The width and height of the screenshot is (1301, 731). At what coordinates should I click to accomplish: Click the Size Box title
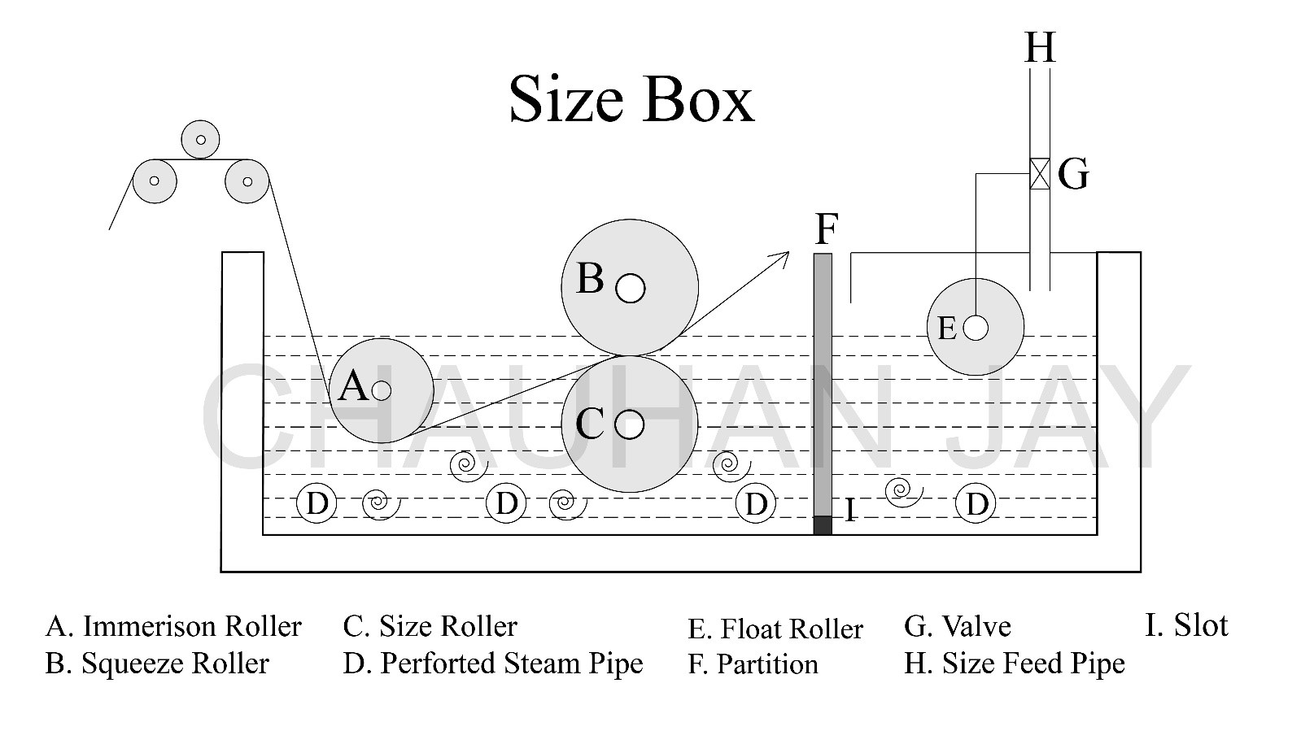click(x=631, y=99)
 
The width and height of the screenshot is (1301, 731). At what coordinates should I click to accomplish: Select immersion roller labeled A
click(x=382, y=391)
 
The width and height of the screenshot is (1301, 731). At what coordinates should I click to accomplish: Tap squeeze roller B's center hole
click(x=631, y=288)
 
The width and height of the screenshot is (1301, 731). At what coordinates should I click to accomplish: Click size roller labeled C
click(x=629, y=424)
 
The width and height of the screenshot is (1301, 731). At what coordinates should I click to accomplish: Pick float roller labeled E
click(x=976, y=328)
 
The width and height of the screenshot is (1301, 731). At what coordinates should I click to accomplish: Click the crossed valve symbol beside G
click(x=1040, y=173)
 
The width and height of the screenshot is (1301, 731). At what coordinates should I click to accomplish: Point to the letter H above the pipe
click(x=1040, y=47)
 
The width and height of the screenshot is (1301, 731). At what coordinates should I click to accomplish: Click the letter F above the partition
click(x=826, y=229)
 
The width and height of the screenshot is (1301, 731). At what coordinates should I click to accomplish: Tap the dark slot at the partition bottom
click(x=823, y=525)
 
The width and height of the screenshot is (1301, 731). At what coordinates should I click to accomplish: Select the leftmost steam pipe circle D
click(x=317, y=503)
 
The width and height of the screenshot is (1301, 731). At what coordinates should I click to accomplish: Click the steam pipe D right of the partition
click(x=976, y=503)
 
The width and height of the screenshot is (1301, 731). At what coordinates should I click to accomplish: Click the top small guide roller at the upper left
click(x=200, y=140)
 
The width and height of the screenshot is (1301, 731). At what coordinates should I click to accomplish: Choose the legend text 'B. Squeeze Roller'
click(x=157, y=664)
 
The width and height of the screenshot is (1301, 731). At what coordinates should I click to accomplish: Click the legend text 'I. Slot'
click(x=1185, y=624)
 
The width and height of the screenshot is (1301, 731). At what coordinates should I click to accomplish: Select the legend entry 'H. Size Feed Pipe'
click(x=1014, y=664)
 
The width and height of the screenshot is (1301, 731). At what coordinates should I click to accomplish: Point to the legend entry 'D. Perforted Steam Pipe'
click(x=492, y=664)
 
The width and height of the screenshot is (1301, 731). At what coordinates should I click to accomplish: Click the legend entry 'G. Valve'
click(x=957, y=626)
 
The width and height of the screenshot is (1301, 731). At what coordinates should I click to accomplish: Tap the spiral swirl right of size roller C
click(x=730, y=466)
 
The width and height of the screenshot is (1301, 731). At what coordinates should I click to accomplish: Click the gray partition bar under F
click(x=823, y=382)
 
